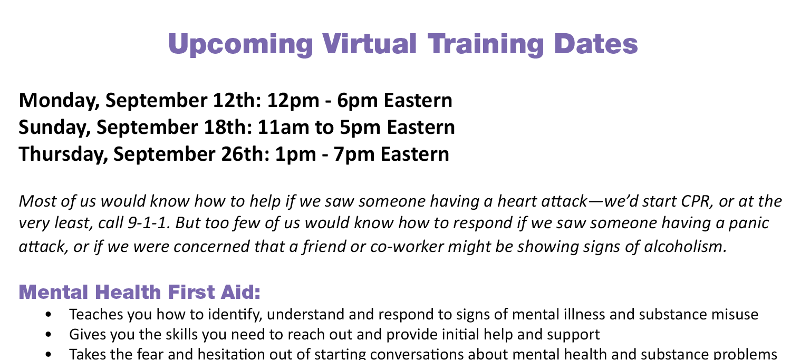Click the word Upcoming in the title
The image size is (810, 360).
[x=240, y=45]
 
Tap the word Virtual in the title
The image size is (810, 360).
[x=369, y=44]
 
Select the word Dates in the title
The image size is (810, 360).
[x=595, y=44]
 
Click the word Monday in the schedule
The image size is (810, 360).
[x=59, y=101]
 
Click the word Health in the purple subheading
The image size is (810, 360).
[x=128, y=292]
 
